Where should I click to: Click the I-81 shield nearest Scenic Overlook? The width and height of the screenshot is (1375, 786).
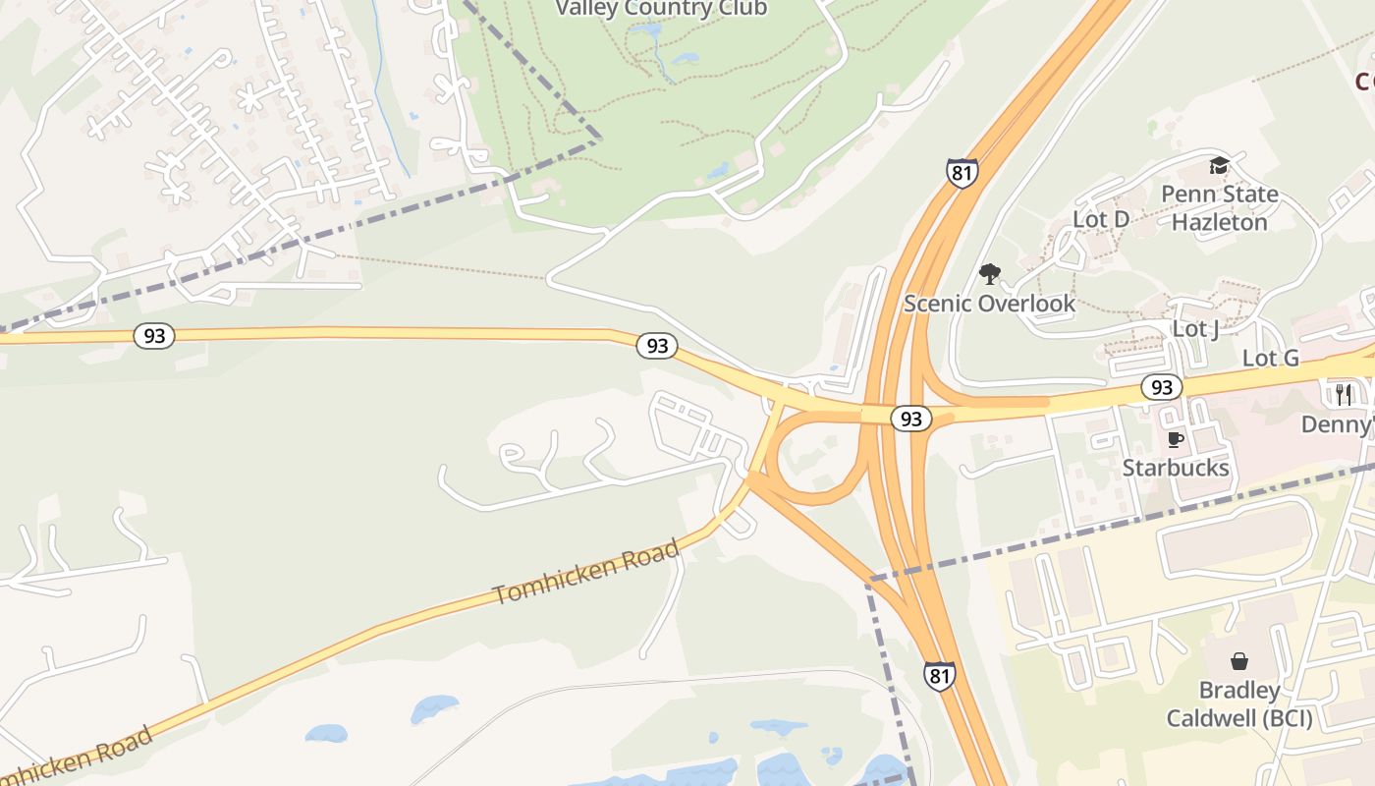click(x=962, y=172)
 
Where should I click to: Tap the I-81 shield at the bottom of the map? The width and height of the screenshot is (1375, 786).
click(x=939, y=676)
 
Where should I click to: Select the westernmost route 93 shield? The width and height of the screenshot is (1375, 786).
click(x=154, y=336)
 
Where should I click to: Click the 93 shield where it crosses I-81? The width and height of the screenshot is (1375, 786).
click(x=911, y=419)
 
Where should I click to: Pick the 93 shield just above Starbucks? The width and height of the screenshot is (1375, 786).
click(x=1162, y=387)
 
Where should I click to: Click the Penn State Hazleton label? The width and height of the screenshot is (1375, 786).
click(x=1220, y=207)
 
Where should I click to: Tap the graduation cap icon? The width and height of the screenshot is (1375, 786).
click(x=1219, y=165)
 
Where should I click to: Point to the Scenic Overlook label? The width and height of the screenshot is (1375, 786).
click(x=989, y=303)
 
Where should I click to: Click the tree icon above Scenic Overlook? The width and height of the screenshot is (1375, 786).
click(x=989, y=273)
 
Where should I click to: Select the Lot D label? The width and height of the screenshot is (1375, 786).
click(x=1101, y=219)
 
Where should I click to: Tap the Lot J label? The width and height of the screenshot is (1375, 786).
click(x=1195, y=328)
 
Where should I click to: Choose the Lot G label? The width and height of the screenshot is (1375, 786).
click(x=1271, y=358)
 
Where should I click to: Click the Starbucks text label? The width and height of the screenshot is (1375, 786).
click(x=1176, y=468)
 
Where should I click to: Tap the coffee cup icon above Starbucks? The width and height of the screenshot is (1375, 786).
click(x=1175, y=438)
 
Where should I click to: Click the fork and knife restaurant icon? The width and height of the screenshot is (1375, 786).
click(x=1344, y=394)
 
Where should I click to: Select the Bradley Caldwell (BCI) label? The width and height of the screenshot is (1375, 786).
click(x=1239, y=704)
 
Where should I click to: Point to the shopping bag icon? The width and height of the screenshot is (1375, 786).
click(x=1239, y=660)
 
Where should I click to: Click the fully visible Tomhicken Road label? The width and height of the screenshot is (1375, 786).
click(x=586, y=572)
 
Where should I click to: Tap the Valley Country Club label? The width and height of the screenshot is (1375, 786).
click(x=661, y=9)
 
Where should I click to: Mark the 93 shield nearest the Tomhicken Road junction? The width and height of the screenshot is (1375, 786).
click(x=657, y=346)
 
